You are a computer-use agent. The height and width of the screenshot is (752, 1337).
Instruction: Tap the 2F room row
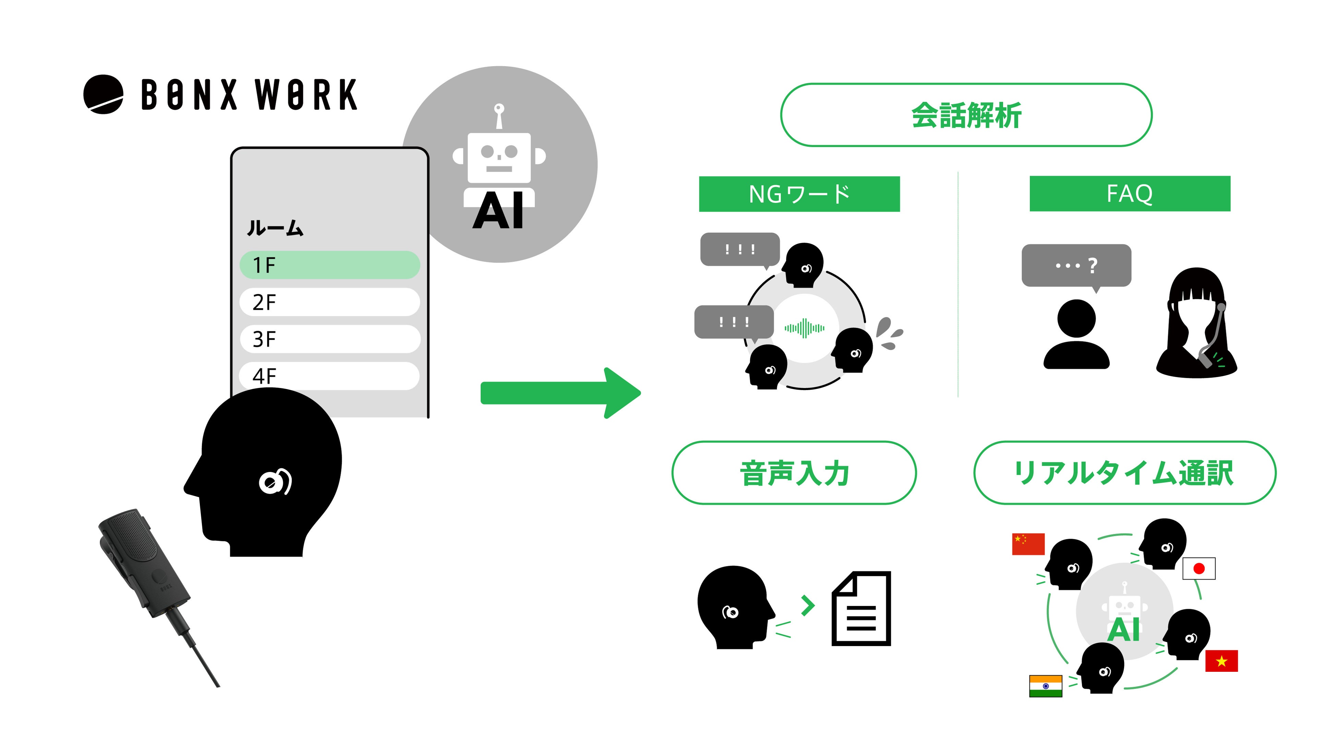[x=329, y=302]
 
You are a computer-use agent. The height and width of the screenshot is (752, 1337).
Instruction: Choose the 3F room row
[x=329, y=339]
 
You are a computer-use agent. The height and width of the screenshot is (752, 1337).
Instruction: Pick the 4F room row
[x=329, y=375]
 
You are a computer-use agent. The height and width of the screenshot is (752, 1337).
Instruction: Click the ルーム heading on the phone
[x=275, y=228]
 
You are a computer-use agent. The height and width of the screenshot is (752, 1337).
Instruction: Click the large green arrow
[x=561, y=393]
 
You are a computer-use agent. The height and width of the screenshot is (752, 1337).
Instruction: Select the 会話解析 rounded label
[x=966, y=115]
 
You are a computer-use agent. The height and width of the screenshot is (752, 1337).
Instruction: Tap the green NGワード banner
[x=799, y=194]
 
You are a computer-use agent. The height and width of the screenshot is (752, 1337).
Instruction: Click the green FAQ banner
[x=1130, y=194]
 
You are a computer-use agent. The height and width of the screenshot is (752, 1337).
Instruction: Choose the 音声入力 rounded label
[x=794, y=473]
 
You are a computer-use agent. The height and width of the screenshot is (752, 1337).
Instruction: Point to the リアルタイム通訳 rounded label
[x=1124, y=473]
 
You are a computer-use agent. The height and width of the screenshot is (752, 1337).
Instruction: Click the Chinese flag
[x=1028, y=544]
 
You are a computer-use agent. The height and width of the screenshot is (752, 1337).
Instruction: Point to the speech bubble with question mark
[x=1076, y=265]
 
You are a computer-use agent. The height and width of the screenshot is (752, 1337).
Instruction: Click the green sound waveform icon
[x=805, y=328]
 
